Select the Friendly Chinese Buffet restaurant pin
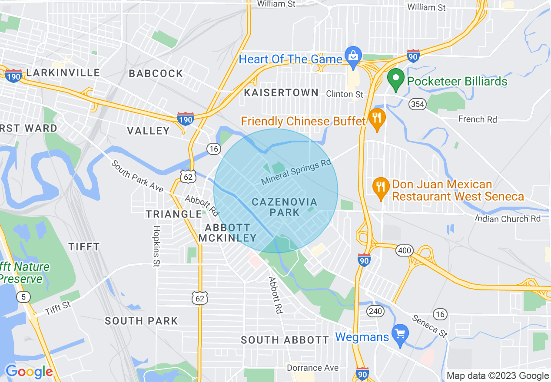pos(377,118)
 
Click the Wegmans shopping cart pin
pos(400,334)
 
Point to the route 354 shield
pos(417,104)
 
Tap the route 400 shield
pos(404,250)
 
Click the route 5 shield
pos(23,297)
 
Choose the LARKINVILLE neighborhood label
pos(63,72)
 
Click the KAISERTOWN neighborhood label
pos(281,92)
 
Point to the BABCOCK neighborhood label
pos(156,73)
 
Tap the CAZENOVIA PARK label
pos(285,207)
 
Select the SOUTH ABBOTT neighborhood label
pos(285,340)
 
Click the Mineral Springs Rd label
pos(296,172)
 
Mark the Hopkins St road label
pos(156,246)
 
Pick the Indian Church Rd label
pos(508,218)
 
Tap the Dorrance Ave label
pos(312,368)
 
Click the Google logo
pos(29,372)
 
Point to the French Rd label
pos(478,119)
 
